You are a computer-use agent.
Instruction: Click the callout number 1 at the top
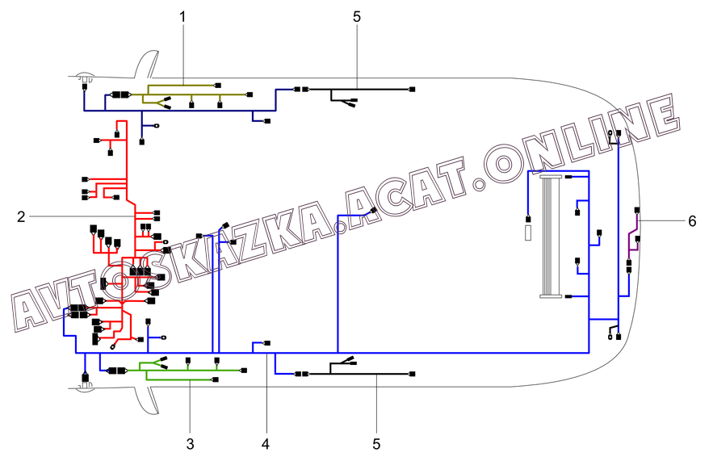click(182, 17)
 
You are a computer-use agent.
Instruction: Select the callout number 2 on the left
click(21, 217)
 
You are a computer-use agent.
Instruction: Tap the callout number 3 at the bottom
click(190, 444)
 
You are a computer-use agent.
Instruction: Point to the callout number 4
click(266, 444)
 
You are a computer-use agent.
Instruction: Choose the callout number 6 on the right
click(692, 221)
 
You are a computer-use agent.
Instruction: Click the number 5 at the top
click(357, 17)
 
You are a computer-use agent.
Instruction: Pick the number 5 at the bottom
click(376, 444)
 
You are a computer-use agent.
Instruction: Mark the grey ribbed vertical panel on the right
click(551, 237)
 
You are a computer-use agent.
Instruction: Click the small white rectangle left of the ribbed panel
click(528, 233)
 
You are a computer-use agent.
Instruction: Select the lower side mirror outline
click(146, 400)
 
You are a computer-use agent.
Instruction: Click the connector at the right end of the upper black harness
click(412, 90)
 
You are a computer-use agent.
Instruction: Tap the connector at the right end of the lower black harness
click(412, 374)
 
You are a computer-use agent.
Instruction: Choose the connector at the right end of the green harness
click(244, 371)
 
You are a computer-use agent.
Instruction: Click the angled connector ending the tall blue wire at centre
click(373, 211)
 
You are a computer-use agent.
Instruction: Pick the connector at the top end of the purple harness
click(637, 211)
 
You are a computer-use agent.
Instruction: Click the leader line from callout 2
click(82, 217)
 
